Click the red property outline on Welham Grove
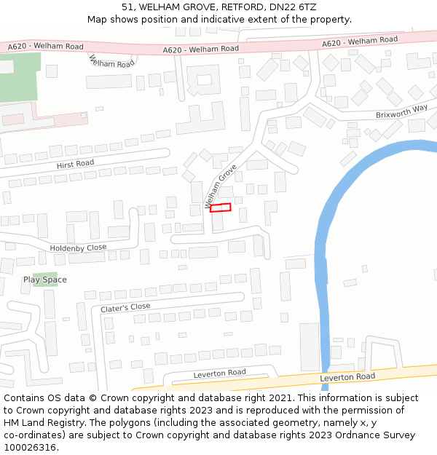[x=221, y=207]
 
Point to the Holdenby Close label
[x=78, y=248]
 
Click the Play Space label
[x=45, y=280]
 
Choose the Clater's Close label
[x=125, y=308]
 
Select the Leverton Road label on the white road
[x=219, y=373]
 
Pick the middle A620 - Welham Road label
[x=200, y=50]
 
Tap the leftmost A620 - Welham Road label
[x=45, y=47]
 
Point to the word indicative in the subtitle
[x=221, y=19]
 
